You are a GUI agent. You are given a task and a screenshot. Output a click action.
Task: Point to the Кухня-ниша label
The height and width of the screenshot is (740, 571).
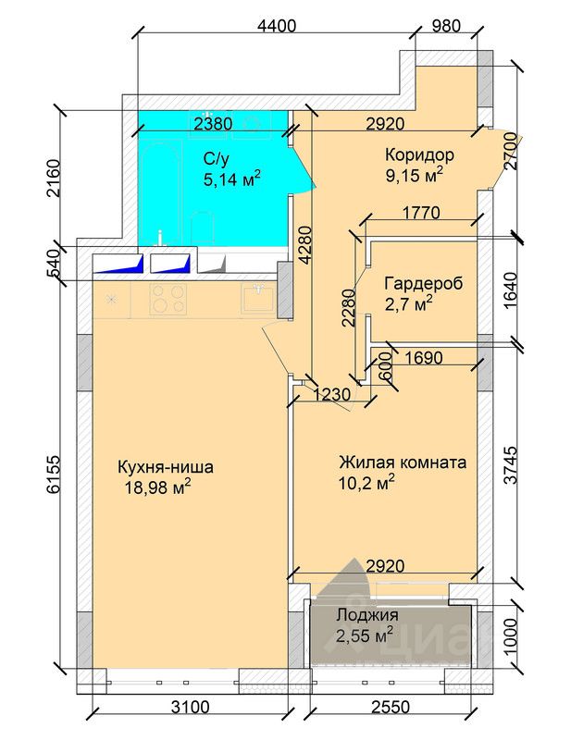pyautogui.click(x=166, y=466)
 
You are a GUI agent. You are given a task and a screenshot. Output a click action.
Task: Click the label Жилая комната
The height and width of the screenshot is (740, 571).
pyautogui.click(x=402, y=462)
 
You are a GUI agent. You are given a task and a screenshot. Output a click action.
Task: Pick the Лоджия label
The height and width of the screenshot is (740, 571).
pyautogui.click(x=366, y=615)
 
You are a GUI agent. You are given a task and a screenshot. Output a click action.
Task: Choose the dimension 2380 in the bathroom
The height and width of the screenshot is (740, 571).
pyautogui.click(x=212, y=122)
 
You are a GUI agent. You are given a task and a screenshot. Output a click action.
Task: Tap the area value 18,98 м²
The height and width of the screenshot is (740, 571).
pyautogui.click(x=156, y=487)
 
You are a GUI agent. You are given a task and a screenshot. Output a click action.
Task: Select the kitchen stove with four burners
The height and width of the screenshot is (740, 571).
pyautogui.click(x=168, y=297)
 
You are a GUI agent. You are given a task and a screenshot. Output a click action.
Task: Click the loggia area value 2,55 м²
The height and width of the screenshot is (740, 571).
pyautogui.click(x=364, y=635)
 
